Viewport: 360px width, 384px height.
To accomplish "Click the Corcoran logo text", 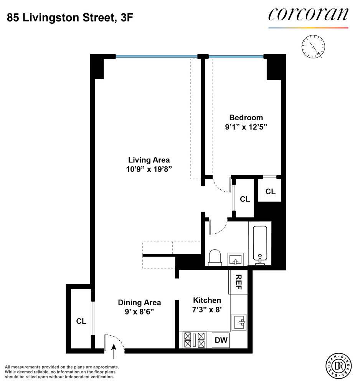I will (x=308, y=15).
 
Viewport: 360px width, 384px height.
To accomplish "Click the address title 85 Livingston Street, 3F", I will (x=70, y=17).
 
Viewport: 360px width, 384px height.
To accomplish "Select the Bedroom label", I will (x=246, y=118).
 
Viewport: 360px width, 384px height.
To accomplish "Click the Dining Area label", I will (x=139, y=303).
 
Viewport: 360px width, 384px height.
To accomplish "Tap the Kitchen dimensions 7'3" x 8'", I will (x=207, y=310).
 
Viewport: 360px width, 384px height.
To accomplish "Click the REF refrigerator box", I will (x=238, y=283).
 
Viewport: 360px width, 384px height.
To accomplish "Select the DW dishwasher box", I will (x=221, y=340).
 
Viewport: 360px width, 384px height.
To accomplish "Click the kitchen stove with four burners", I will (x=195, y=340).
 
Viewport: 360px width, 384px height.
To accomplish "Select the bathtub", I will (x=260, y=245).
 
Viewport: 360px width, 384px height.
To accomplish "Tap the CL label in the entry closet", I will (x=81, y=321).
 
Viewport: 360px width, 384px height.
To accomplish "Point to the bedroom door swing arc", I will (x=220, y=187).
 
